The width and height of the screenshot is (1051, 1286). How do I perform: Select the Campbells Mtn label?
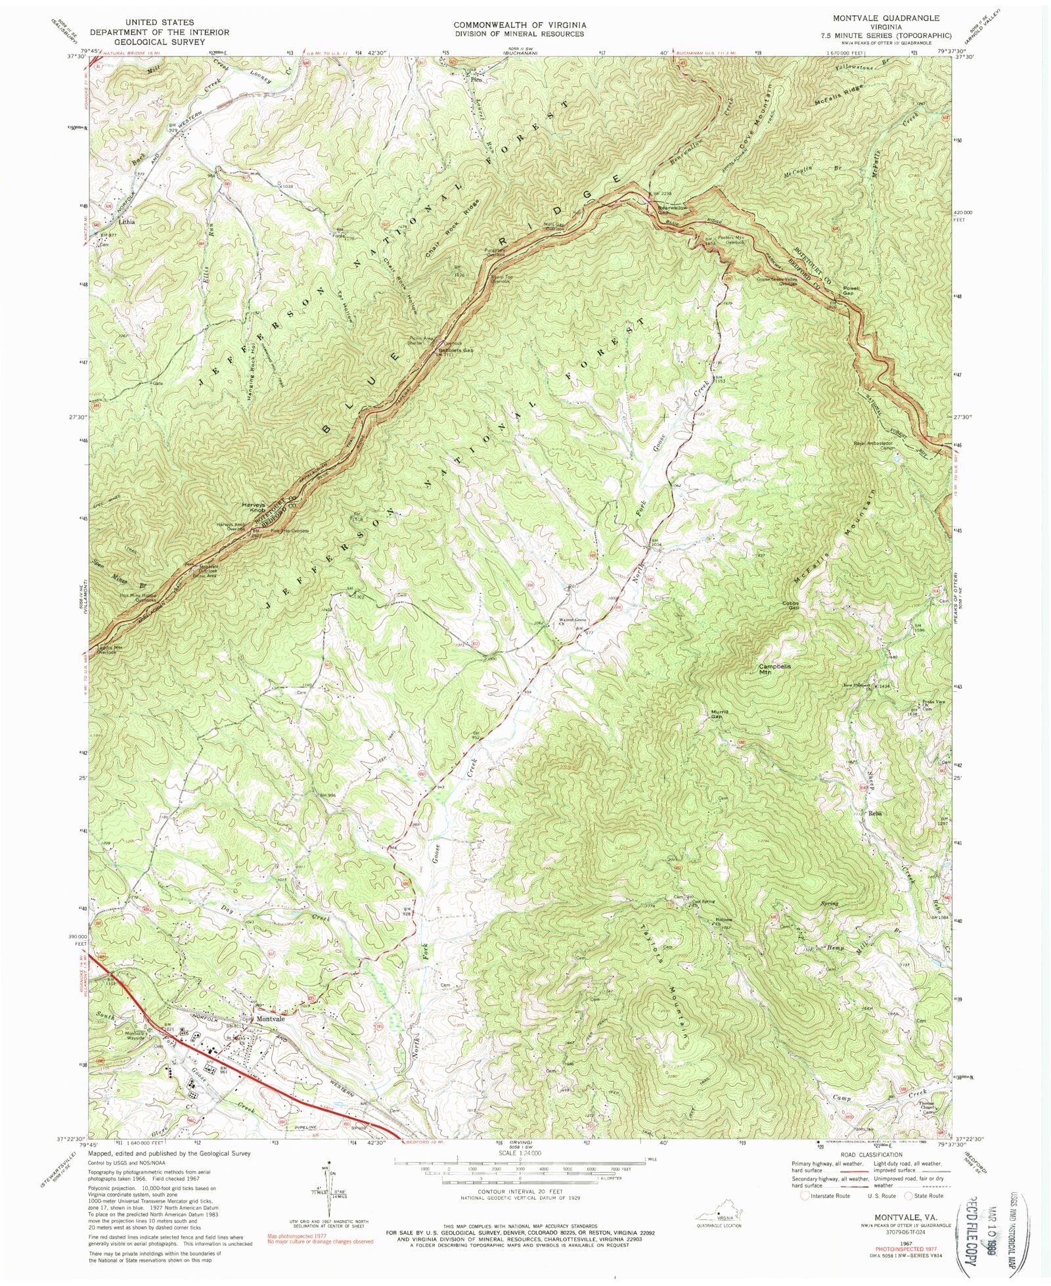click(774, 669)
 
